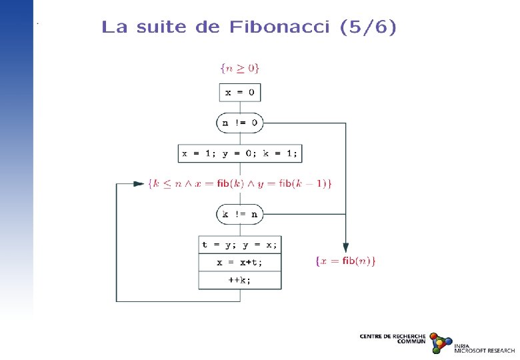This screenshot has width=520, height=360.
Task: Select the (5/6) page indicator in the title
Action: (x=367, y=27)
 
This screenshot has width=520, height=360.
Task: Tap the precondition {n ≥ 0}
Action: (x=239, y=67)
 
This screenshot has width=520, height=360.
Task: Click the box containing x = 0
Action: (x=239, y=93)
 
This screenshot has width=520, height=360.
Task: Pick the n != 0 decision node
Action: (x=239, y=123)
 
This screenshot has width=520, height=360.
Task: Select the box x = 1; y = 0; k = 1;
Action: (x=240, y=153)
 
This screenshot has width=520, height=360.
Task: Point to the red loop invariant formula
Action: (x=240, y=183)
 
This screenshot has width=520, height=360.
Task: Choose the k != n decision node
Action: (x=240, y=214)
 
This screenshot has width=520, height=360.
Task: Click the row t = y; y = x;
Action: (x=239, y=245)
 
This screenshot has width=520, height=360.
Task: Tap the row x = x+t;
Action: (x=239, y=263)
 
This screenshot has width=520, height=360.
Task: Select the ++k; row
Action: (x=239, y=281)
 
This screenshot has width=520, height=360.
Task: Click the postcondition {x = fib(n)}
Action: (x=345, y=261)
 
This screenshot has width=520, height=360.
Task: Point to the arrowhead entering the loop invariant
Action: (x=139, y=183)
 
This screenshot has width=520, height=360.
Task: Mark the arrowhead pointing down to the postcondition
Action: (x=345, y=246)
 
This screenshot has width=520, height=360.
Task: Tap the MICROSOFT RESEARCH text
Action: (x=485, y=351)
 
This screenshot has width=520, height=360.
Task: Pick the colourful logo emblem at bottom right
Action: (x=440, y=342)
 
